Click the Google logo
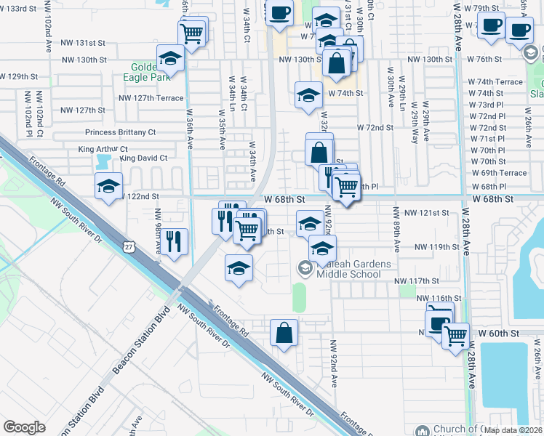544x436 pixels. (x=25, y=427)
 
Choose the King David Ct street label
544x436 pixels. (x=143, y=158)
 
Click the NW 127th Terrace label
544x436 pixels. (x=154, y=98)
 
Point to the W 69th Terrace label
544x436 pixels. (x=498, y=173)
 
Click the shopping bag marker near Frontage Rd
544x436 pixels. (x=284, y=334)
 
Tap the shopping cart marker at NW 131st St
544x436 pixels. (x=192, y=33)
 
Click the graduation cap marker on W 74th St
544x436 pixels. (x=308, y=95)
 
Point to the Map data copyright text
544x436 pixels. (x=513, y=429)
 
